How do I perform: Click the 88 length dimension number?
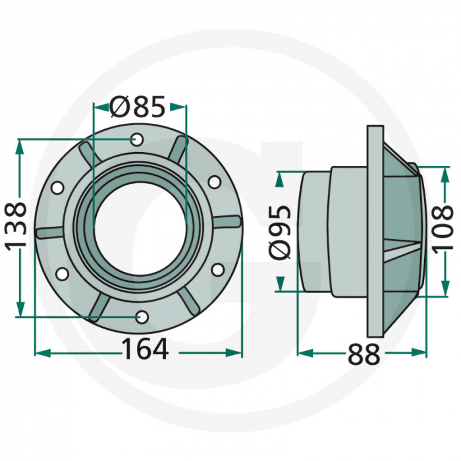tap(364, 355)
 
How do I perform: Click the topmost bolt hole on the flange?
tap(137, 140)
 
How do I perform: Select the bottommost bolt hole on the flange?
tap(142, 317)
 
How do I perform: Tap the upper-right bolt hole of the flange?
tap(214, 181)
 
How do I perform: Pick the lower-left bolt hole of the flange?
tap(61, 273)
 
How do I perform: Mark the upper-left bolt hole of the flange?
tap(57, 188)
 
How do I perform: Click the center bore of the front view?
tap(139, 228)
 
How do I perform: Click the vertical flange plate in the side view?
tap(374, 230)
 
